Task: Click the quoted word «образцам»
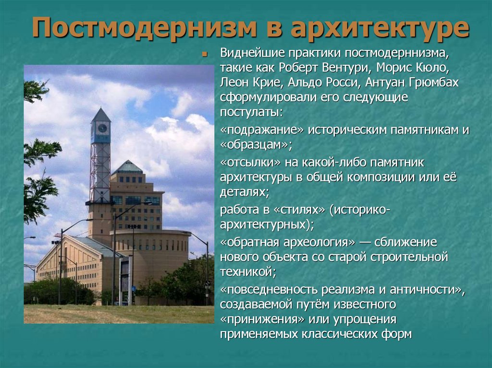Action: pos(255,145)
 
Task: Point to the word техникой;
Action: pos(248,272)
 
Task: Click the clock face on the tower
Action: pos(101,129)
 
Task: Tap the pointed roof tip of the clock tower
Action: pos(101,109)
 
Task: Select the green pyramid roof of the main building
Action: pos(127,167)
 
